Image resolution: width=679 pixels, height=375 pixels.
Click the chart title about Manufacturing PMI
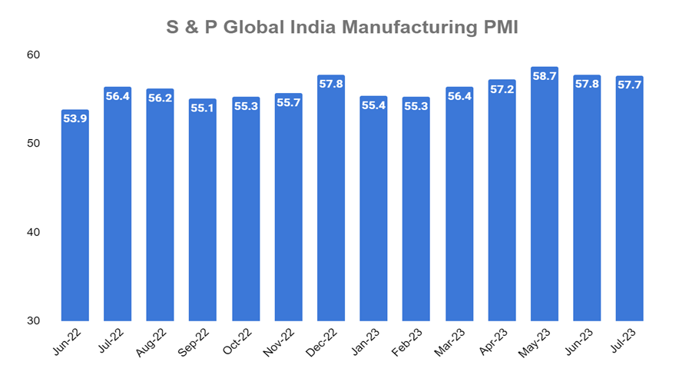[342, 28]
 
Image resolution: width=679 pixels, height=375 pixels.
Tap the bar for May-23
[544, 200]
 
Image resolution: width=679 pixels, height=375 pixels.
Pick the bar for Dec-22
[331, 204]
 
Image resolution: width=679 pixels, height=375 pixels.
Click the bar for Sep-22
[203, 215]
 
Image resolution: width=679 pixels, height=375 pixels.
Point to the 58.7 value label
[544, 77]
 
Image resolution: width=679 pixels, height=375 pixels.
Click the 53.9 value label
[75, 119]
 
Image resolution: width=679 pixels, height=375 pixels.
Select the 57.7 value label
[629, 85]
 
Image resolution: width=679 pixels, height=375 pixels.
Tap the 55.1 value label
[203, 108]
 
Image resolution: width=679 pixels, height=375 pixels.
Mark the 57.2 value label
[502, 89]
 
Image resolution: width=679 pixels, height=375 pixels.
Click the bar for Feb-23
[416, 215]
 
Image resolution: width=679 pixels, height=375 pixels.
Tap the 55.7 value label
[288, 103]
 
